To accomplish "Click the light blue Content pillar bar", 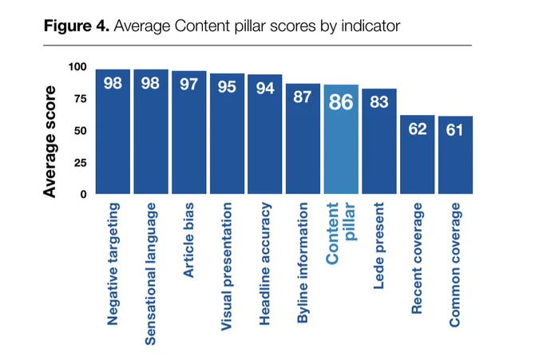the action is click(341, 139).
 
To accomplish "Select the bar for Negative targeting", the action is click(113, 132).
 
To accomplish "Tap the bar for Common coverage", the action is click(455, 155).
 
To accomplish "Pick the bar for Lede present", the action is click(379, 141).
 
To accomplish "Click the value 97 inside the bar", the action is click(188, 85).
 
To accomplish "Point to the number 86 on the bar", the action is click(341, 102).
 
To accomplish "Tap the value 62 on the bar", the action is click(418, 129).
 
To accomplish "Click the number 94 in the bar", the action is click(265, 89).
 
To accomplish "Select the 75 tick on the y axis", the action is click(81, 99).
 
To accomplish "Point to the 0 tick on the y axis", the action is click(84, 195).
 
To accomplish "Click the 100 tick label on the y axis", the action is click(77, 67).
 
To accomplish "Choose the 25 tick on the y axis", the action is click(81, 163).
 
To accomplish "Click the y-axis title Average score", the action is click(50, 142).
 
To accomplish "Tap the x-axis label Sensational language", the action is click(151, 274).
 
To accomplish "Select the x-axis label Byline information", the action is click(303, 263).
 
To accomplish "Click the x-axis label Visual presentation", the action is click(227, 267).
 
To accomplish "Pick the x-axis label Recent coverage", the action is click(417, 259).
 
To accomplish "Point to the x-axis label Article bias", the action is click(188, 240).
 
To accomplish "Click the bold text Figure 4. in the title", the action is click(77, 26).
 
